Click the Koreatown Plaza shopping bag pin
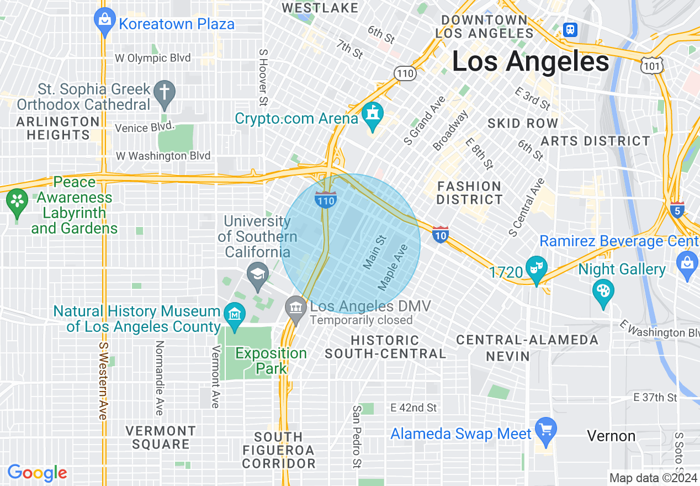[104, 22]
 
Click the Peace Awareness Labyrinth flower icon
[17, 202]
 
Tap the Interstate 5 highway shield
[678, 210]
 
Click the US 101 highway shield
[651, 65]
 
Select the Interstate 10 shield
[440, 235]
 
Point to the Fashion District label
[469, 193]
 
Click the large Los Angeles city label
[531, 61]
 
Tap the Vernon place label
[611, 436]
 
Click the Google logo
[37, 473]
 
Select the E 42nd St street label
[413, 408]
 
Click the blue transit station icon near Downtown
[570, 29]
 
